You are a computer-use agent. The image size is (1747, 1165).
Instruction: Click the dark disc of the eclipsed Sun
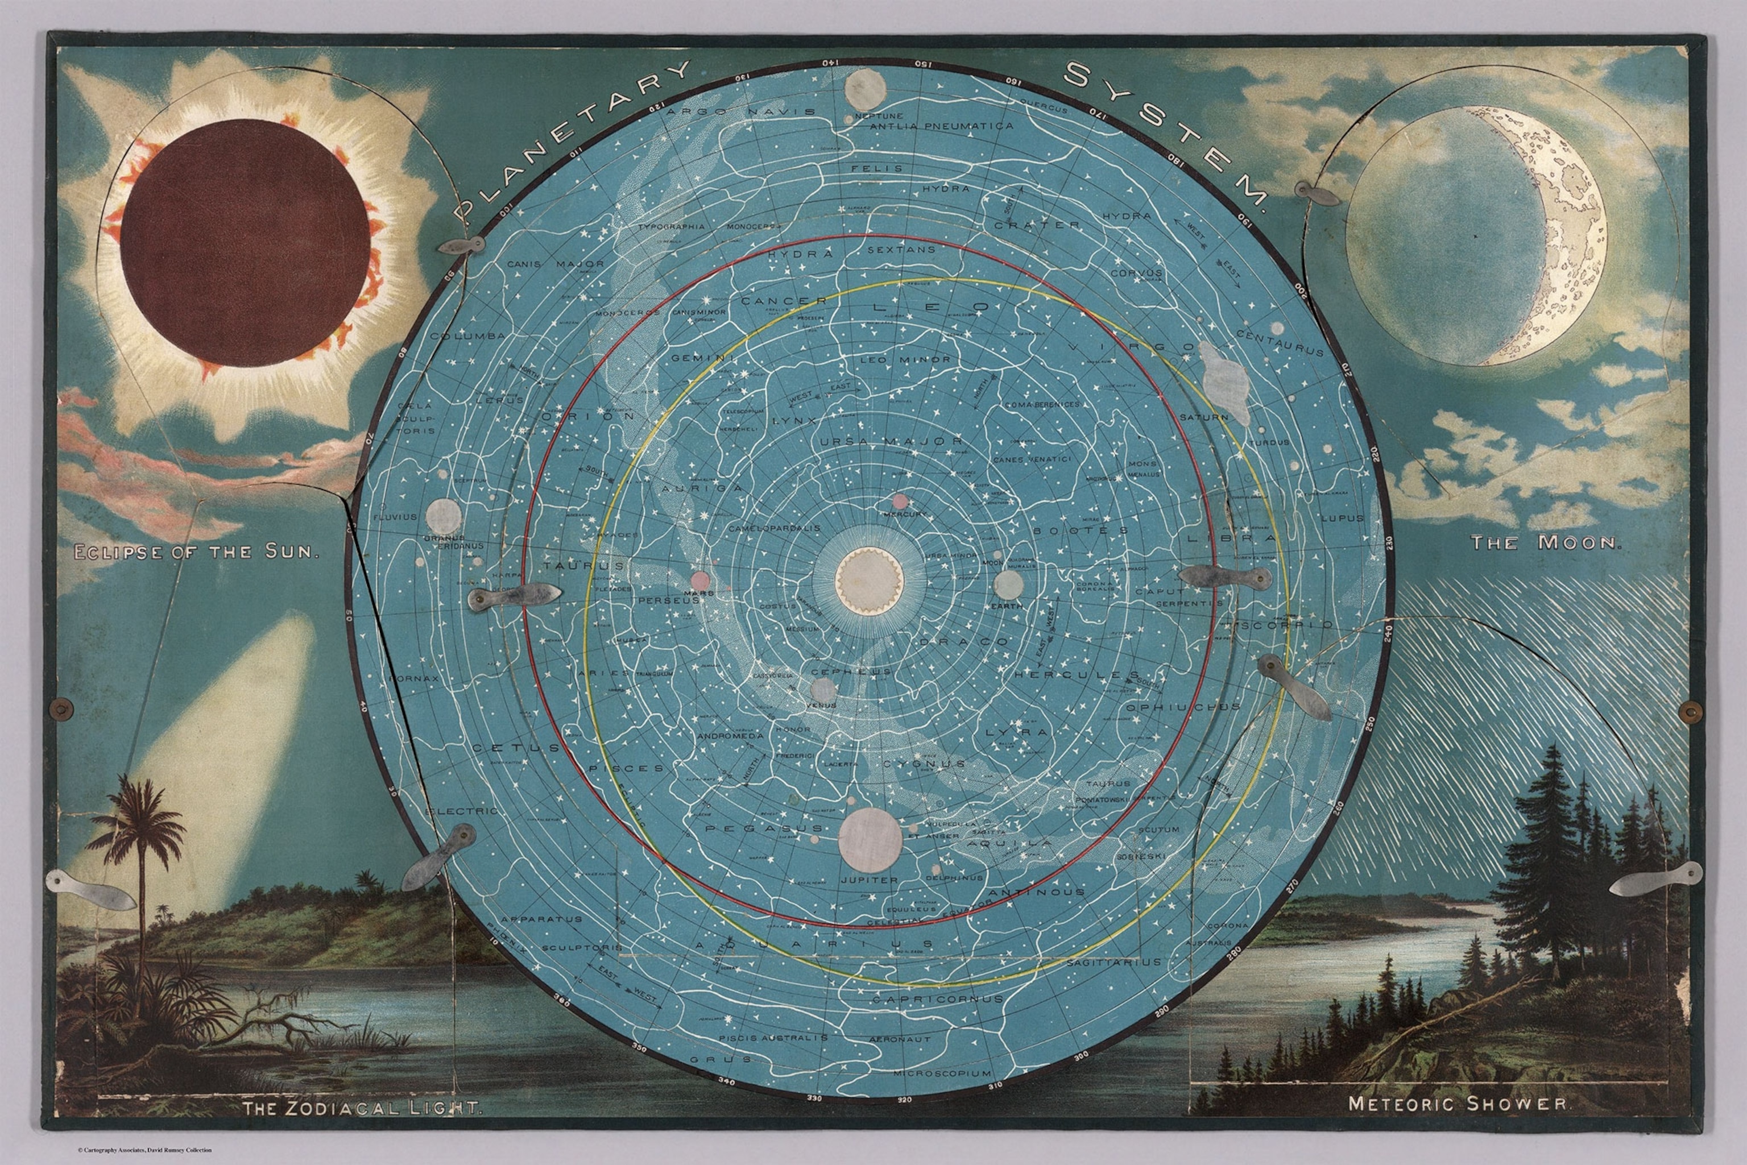(245, 242)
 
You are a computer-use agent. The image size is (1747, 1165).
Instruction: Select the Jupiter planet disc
(870, 840)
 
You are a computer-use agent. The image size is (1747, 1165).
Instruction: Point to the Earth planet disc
(1008, 584)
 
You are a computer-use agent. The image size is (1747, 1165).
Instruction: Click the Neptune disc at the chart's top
(866, 89)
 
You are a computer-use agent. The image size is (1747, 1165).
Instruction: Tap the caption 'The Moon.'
(1545, 542)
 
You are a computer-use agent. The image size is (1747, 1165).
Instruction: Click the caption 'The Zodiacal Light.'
(362, 1109)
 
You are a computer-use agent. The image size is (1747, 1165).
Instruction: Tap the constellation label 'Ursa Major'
(891, 441)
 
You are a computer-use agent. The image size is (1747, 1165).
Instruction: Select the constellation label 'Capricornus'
(938, 1000)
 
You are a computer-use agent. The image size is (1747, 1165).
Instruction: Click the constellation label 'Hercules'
(1066, 675)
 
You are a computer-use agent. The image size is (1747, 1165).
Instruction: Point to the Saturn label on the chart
(1204, 417)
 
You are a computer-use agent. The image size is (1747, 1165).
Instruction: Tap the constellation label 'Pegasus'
(764, 828)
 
